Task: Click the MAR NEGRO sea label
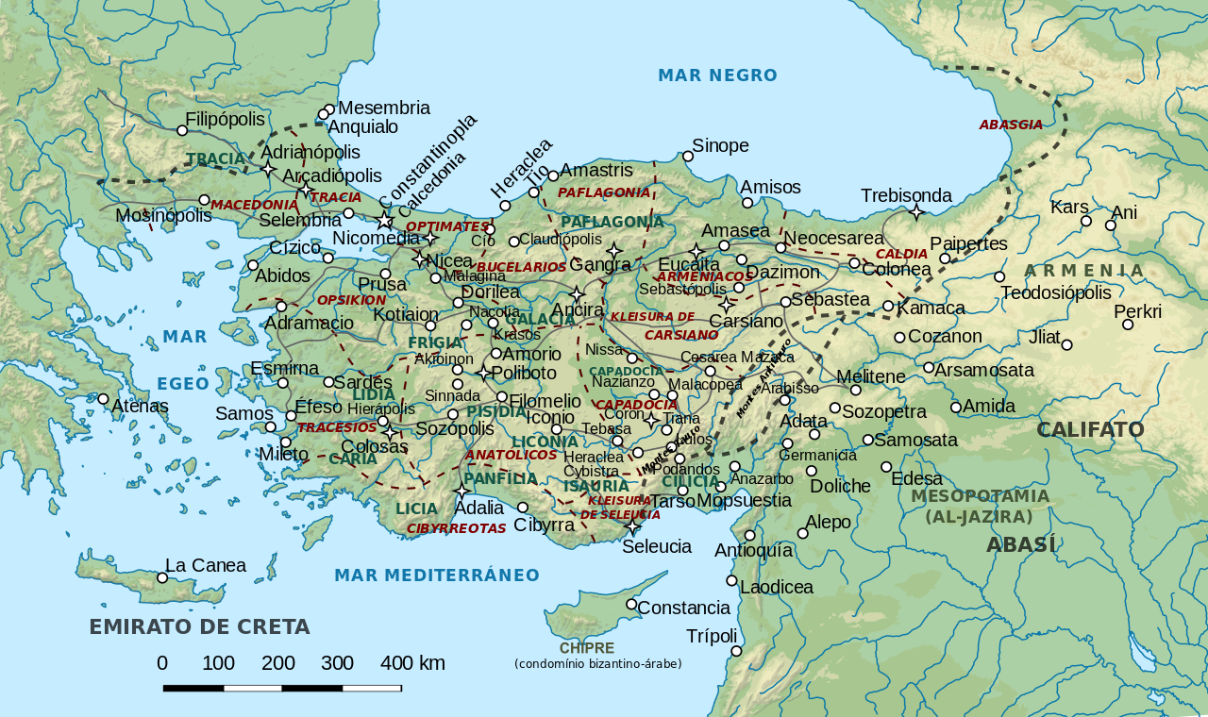tap(717, 75)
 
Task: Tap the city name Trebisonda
tap(906, 195)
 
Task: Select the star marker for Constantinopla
tap(385, 221)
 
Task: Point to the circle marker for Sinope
tap(688, 157)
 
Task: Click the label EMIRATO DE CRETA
tap(199, 627)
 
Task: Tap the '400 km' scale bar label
tap(412, 663)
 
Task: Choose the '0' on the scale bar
tap(162, 663)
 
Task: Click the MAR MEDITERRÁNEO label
tap(437, 575)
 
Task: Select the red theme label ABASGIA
tap(1011, 125)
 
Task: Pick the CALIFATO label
tap(1090, 430)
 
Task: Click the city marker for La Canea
tap(162, 577)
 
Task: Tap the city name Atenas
tap(140, 407)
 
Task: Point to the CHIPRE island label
tap(586, 648)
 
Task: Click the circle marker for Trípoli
tap(736, 651)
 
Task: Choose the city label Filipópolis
tap(225, 120)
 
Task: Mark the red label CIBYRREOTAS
tap(456, 528)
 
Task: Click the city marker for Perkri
tap(1128, 325)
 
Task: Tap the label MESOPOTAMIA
tap(980, 496)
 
